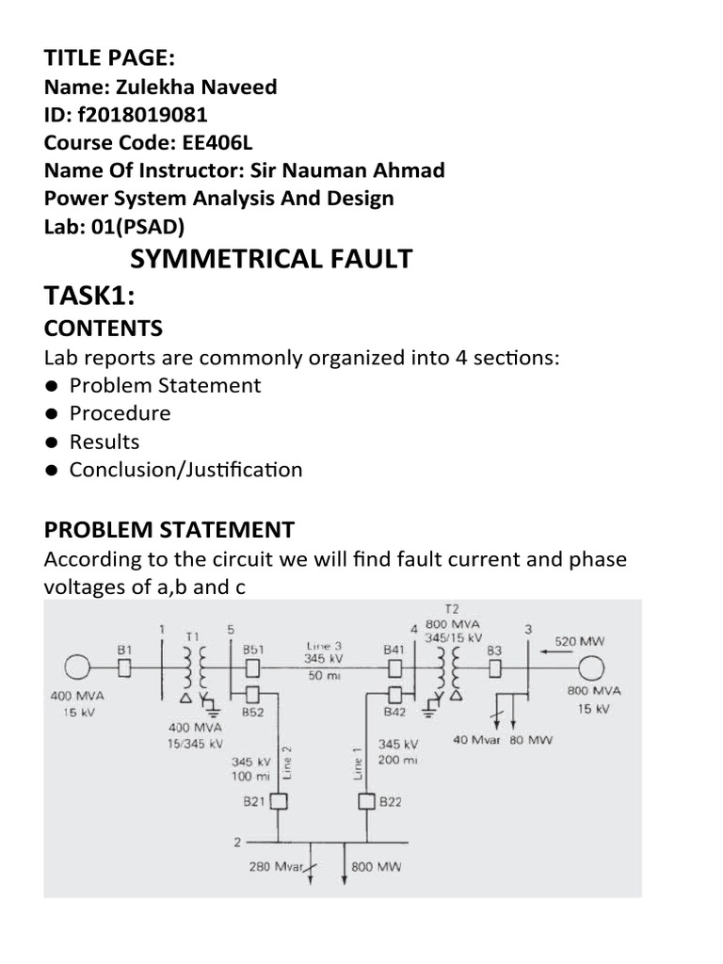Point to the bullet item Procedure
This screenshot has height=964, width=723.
point(120,413)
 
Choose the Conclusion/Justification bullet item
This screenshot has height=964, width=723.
point(185,470)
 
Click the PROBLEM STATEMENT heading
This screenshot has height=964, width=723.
point(169,529)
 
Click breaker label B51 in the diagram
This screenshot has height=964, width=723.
point(253,649)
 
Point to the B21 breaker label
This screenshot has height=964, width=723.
point(255,801)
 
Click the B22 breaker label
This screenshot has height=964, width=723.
point(390,801)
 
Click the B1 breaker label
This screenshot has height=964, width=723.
point(124,649)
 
